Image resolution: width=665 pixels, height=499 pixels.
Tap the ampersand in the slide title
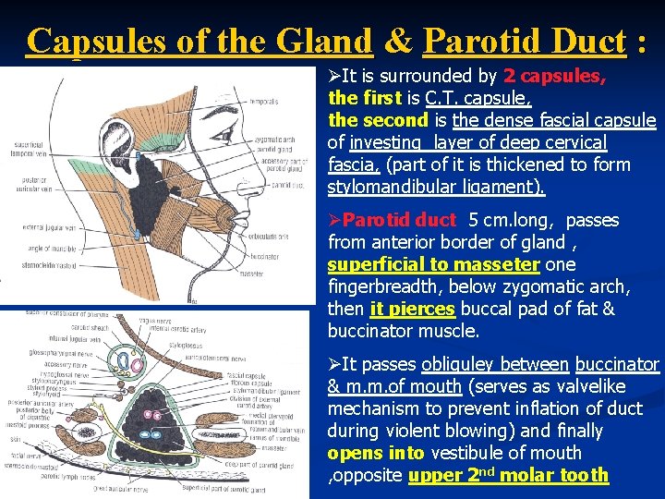[x=397, y=42]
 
